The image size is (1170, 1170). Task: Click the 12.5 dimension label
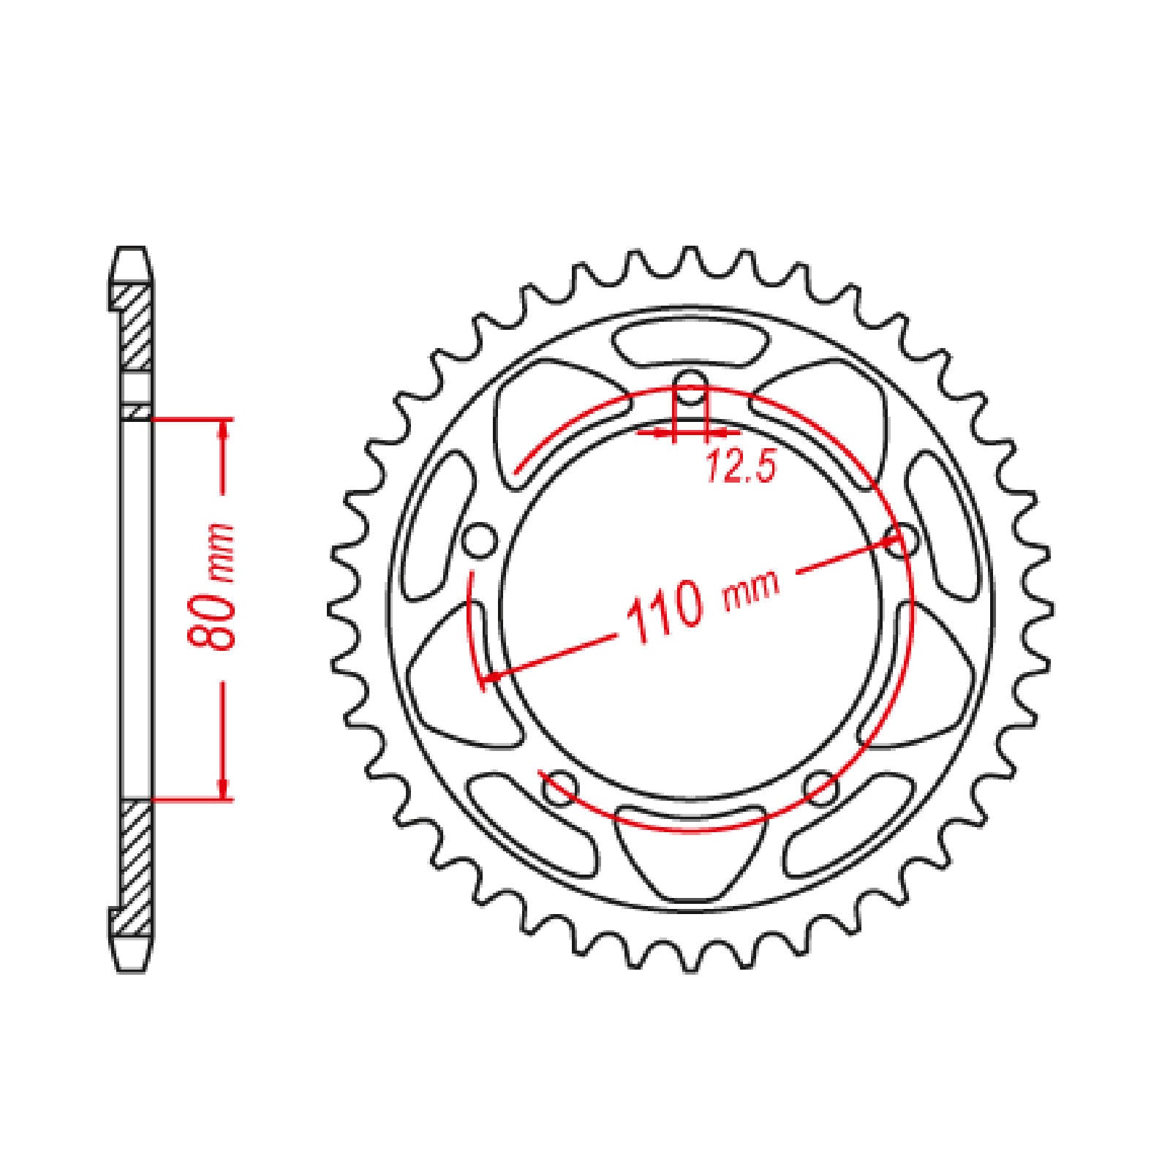click(x=739, y=466)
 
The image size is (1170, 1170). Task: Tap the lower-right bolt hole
click(x=820, y=786)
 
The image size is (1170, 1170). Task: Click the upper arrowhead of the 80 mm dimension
click(x=222, y=431)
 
